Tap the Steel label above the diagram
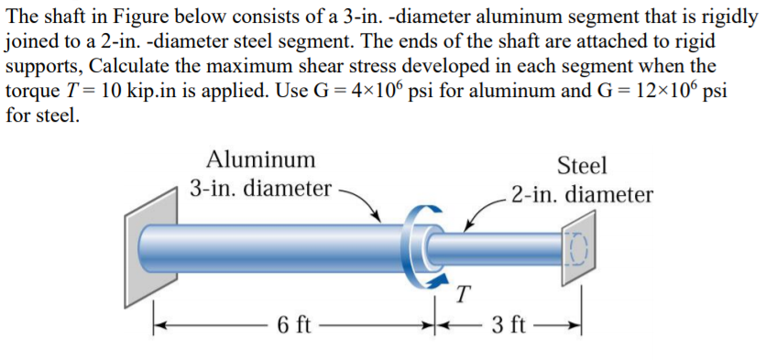(x=582, y=166)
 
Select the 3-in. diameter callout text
(x=260, y=189)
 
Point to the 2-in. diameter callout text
(x=583, y=195)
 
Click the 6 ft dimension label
(x=294, y=325)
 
